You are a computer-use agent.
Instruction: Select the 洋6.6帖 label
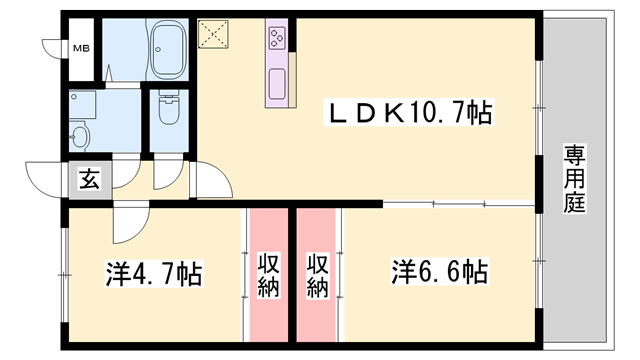(439, 271)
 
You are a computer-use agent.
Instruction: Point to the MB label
(79, 48)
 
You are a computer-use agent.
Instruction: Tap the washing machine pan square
(85, 105)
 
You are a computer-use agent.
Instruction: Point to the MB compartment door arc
(52, 48)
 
